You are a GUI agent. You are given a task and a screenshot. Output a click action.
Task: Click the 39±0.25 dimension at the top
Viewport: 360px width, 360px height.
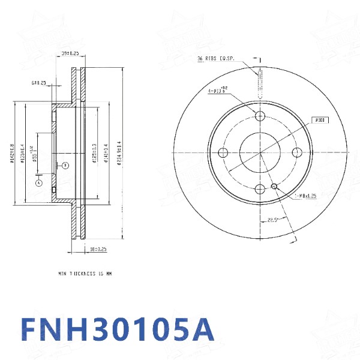point(71,54)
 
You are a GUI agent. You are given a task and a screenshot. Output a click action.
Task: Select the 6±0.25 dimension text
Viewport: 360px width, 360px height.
point(39,83)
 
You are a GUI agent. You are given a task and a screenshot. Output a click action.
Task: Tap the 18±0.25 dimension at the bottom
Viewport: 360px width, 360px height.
point(98,248)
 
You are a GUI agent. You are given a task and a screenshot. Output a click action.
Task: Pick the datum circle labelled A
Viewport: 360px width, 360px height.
point(38,182)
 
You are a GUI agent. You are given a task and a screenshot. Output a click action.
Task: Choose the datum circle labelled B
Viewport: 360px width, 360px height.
point(65,165)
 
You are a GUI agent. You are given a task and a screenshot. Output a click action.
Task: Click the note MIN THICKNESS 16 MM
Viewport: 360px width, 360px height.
point(85,273)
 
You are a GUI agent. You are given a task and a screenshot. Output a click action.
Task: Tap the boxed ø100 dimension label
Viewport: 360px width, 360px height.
point(320,120)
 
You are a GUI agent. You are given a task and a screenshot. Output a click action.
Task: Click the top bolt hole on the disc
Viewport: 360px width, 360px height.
point(260,116)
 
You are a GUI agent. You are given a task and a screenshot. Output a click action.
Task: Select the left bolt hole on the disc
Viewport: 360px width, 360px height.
point(223,153)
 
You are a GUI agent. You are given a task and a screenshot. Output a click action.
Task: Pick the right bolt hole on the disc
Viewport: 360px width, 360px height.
point(297,153)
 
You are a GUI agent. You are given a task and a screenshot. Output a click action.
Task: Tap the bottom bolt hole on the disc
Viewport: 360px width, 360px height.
point(260,190)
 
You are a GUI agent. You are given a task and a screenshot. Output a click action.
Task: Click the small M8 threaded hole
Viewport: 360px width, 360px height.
point(274,187)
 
